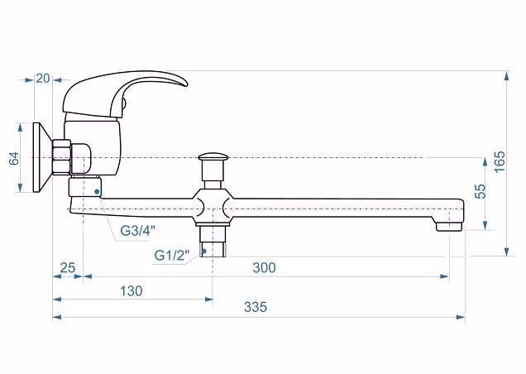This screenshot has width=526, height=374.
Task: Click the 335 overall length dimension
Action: [256, 307]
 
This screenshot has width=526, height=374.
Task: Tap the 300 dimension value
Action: [265, 267]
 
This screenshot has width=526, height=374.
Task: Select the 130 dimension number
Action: [131, 290]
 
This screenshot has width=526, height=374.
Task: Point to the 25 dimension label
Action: [68, 267]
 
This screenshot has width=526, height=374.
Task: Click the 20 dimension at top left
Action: [43, 79]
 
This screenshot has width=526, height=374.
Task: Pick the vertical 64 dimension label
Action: [14, 158]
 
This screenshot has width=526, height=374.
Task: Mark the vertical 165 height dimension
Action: [500, 162]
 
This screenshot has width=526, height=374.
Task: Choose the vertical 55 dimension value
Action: [481, 191]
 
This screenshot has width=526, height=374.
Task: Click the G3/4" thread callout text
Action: [138, 231]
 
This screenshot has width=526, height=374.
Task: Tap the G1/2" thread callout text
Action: [172, 256]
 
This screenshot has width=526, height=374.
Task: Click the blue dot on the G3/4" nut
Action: [97, 191]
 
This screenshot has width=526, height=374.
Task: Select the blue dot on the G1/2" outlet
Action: [203, 251]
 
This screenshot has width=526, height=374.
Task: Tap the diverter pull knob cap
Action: [213, 156]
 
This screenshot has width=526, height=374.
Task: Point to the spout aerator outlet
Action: [449, 227]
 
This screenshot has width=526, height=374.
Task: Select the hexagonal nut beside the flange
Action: [61, 157]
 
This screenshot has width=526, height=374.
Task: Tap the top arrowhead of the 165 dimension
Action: [507, 76]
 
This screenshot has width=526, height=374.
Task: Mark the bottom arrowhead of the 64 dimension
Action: [20, 188]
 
